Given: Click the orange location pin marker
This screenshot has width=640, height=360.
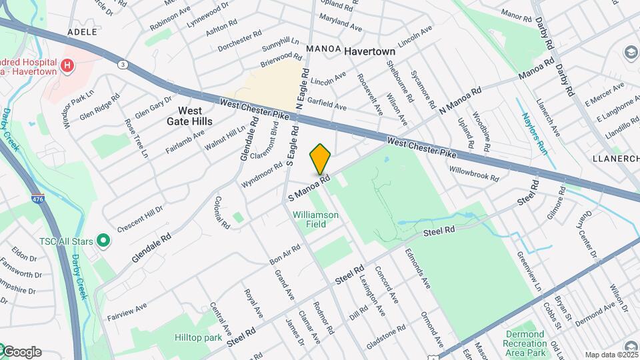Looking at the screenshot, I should pos(321,159).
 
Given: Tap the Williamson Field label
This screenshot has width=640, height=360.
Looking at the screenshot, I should pos(316,219).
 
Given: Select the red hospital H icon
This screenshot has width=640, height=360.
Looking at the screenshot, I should pos(67,65).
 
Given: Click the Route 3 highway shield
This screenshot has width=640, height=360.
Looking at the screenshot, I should pos(123,65).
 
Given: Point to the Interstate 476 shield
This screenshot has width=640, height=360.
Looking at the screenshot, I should pos(38,199).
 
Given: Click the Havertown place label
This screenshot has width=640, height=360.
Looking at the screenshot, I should pos(370,51).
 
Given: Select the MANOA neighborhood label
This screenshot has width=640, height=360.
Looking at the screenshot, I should pos(324,50).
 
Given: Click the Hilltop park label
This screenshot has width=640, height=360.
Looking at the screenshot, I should pos(198,338).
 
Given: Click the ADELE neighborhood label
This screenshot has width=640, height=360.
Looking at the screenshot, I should pos(83,32).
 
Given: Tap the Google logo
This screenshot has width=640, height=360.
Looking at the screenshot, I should pos(21,352).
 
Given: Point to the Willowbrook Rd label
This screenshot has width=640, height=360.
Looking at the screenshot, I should pos(474,174).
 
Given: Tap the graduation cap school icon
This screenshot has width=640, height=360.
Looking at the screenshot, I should pos(630,52).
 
